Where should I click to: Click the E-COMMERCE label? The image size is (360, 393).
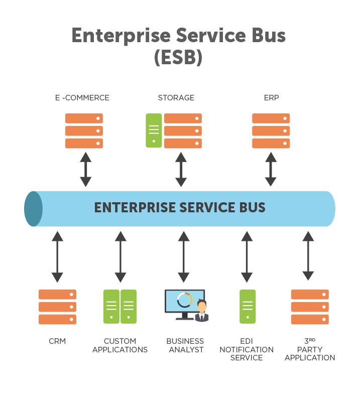point(82,98)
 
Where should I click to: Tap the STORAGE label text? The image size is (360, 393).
point(176,98)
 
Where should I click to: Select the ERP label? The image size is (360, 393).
point(271,98)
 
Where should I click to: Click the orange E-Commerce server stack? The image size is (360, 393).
point(84,130)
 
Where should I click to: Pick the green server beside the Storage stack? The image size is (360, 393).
point(154,130)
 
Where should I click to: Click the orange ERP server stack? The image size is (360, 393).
point(271,130)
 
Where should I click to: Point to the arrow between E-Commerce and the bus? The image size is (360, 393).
point(86,169)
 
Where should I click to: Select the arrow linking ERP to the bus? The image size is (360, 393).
point(271,169)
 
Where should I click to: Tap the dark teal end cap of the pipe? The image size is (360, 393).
point(33,208)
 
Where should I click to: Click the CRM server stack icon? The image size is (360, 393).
point(57,307)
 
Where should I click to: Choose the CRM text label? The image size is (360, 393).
point(57,341)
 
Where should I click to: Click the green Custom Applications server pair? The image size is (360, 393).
point(120,306)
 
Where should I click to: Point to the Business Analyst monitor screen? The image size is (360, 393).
point(184,301)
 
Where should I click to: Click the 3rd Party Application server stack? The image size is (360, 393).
point(310,307)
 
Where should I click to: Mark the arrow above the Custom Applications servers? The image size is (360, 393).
point(120,256)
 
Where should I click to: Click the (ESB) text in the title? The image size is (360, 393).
point(178,57)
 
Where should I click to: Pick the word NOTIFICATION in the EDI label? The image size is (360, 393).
point(247,349)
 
